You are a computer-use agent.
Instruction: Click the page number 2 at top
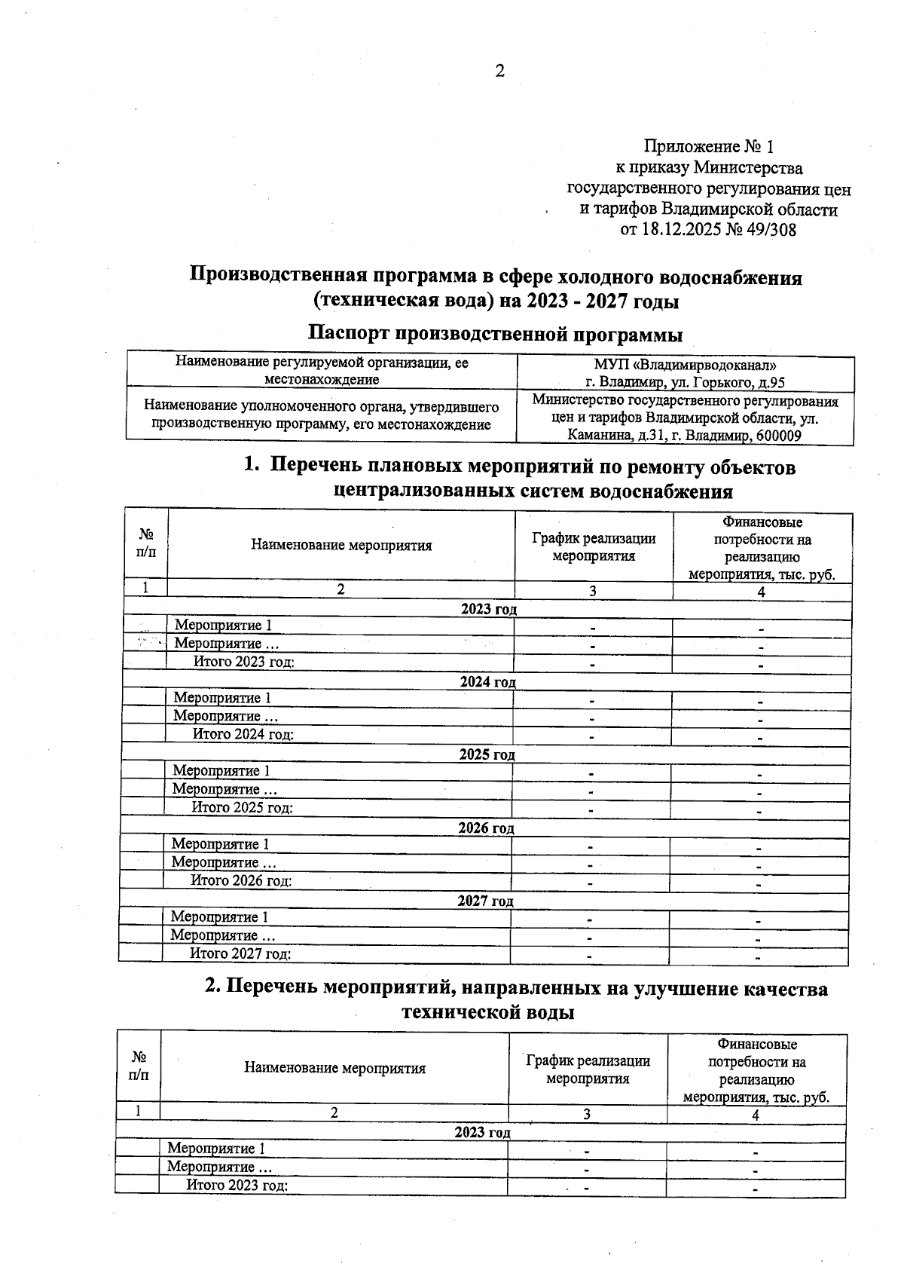tap(499, 72)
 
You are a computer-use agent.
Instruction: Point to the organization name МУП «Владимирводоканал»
tap(685, 366)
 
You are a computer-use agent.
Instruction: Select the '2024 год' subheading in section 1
tap(487, 682)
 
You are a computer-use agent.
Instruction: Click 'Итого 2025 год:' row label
tap(242, 807)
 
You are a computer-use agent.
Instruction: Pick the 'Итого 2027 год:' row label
tap(240, 953)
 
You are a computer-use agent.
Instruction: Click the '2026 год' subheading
tap(486, 828)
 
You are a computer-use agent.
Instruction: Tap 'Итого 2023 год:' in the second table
tap(237, 1185)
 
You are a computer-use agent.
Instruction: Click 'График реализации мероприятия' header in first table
tap(594, 547)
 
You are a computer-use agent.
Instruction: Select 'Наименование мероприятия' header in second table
tap(334, 1068)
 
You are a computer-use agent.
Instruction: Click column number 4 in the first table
tap(761, 592)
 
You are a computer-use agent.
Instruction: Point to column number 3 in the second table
tap(586, 1115)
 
